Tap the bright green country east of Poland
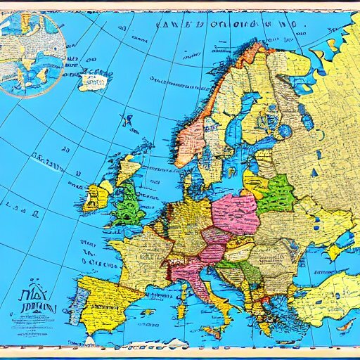(x=277, y=195)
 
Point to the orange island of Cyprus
(x=345, y=326)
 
